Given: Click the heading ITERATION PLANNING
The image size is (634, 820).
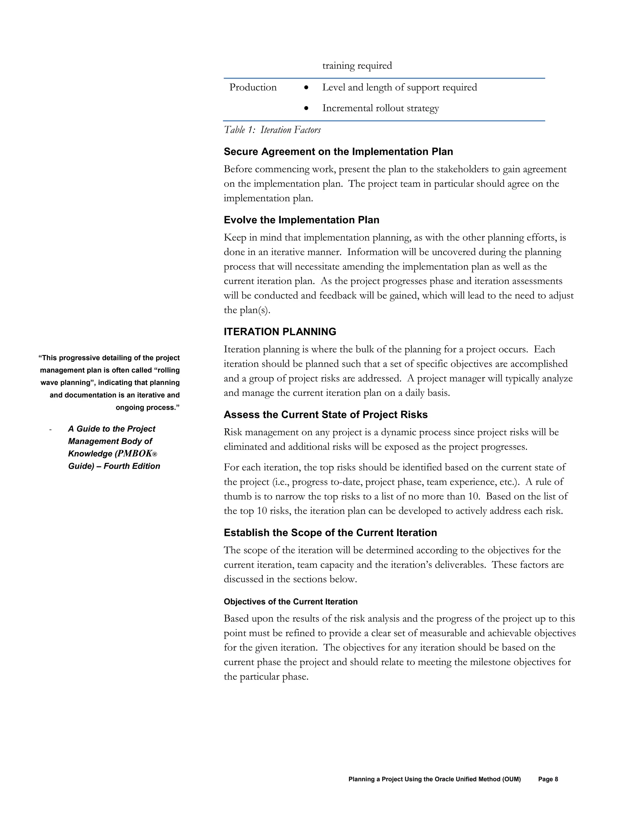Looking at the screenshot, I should point(280,332).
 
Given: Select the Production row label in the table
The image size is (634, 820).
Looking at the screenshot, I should point(253,88).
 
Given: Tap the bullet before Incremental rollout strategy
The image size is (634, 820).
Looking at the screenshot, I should point(306,108).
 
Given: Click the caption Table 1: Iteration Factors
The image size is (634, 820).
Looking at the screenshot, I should point(272,130).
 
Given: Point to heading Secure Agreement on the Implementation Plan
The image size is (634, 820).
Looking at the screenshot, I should point(338,152).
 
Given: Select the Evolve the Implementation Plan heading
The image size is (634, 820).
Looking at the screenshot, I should point(301,220).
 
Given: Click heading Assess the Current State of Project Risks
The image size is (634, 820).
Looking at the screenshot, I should point(325,415).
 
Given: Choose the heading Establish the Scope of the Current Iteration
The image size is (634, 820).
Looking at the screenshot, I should point(330,533).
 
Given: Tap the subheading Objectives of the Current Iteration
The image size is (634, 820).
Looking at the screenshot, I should point(290,602).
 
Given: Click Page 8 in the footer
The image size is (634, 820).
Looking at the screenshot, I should point(548,779).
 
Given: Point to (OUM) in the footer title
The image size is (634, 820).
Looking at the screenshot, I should point(512,779).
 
